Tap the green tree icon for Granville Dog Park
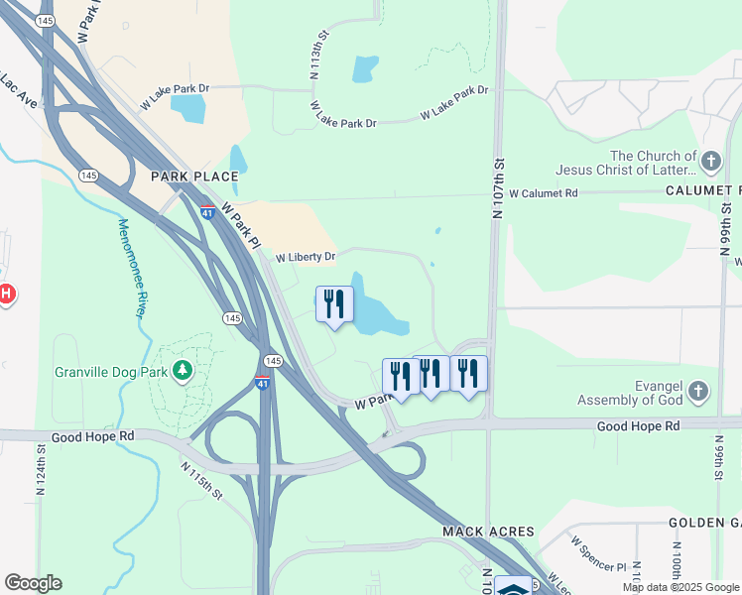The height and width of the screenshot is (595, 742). click(x=182, y=371)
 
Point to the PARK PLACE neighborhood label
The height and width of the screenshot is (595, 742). click(x=194, y=177)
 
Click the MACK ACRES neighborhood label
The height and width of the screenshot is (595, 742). click(x=488, y=533)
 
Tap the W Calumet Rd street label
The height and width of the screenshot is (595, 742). click(x=543, y=194)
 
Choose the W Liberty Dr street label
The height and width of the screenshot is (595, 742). click(x=305, y=257)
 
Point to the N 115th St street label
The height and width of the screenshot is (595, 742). click(x=201, y=481)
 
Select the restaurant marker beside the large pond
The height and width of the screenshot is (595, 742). click(x=334, y=303)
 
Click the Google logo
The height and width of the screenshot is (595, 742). click(x=33, y=583)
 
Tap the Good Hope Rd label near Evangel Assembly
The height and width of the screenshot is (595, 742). click(x=638, y=425)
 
